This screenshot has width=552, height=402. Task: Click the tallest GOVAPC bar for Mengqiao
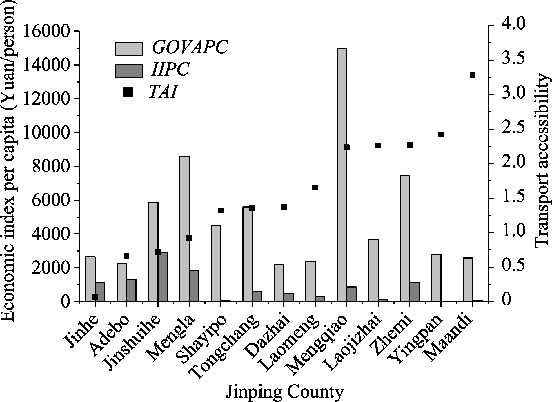(342, 174)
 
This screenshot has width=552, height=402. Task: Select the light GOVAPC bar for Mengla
(184, 229)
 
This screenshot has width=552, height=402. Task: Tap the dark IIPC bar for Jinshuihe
(163, 277)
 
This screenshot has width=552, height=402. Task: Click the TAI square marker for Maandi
(473, 75)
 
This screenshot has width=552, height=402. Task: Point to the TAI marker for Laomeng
(315, 188)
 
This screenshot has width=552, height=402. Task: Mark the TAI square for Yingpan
(441, 134)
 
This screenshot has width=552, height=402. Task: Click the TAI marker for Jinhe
(95, 297)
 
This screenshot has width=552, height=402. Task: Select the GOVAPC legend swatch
(128, 49)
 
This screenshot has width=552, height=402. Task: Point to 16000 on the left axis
(47, 31)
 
